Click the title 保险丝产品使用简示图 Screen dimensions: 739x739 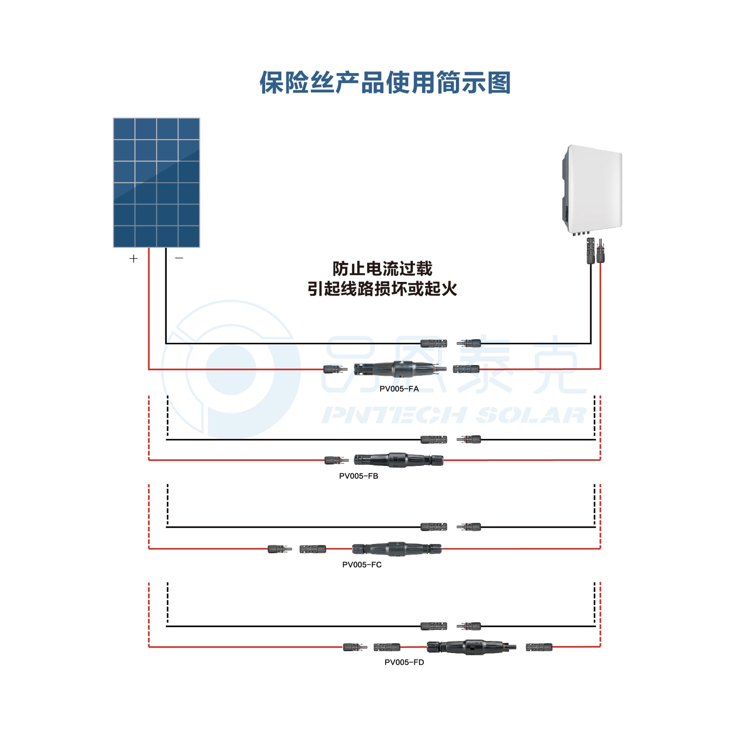pos(385,83)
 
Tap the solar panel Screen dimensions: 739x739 pos(157,183)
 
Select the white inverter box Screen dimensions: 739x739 pos(592,190)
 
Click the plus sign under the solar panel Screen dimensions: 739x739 pos(133,258)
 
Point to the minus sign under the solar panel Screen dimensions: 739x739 pos(179,257)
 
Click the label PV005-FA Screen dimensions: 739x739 pos(399,389)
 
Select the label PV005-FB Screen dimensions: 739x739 pos(358,476)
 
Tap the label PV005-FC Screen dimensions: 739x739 pos(362,565)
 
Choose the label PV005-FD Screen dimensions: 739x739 pos(404,662)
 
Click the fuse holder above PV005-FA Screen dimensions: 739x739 pos(400,369)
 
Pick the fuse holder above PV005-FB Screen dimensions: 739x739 pos(399,460)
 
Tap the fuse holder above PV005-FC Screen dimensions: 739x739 pos(397,549)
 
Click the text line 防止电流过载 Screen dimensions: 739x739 pos(382,269)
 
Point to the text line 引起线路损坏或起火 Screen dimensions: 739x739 pos(382,289)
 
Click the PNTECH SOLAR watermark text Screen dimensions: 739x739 pos(454,415)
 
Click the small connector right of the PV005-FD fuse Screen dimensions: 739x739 pos(539,647)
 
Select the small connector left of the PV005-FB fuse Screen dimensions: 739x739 pos(336,460)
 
